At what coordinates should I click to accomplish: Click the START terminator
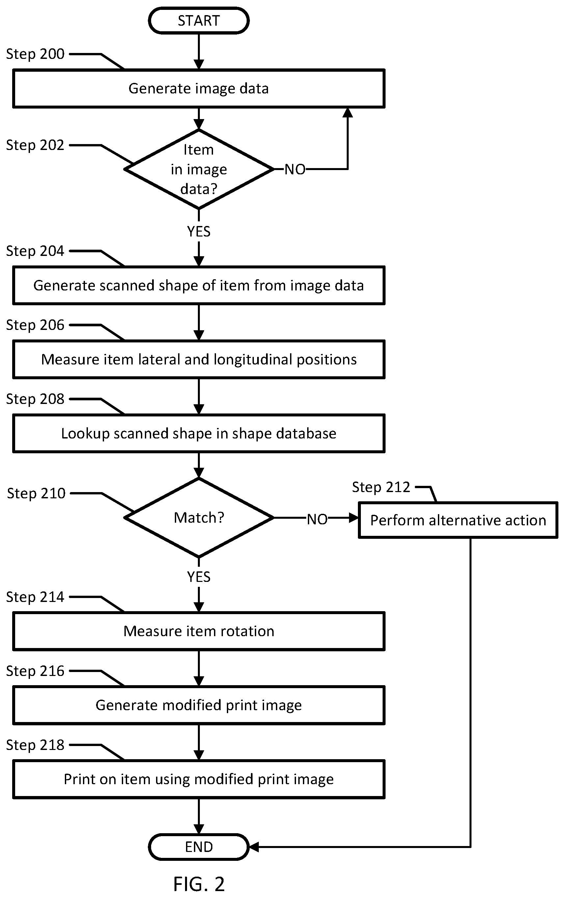[x=199, y=20]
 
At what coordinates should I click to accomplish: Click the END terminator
[x=199, y=847]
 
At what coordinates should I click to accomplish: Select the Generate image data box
[x=199, y=89]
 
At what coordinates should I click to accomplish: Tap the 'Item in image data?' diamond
[x=199, y=169]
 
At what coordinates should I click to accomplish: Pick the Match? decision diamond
[x=199, y=518]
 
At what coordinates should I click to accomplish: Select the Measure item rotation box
[x=199, y=631]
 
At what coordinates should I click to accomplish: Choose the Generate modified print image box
[x=199, y=705]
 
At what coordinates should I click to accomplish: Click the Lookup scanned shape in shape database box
[x=199, y=433]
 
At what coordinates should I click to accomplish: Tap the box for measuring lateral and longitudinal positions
[x=199, y=360]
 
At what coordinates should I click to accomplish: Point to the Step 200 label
[x=35, y=54]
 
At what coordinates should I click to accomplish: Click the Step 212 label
[x=381, y=487]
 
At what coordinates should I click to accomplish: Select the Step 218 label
[x=35, y=745]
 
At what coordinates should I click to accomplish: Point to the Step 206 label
[x=35, y=325]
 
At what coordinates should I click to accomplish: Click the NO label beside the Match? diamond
[x=317, y=519]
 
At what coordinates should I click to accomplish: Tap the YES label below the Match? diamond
[x=199, y=577]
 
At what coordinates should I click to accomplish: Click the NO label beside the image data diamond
[x=295, y=169]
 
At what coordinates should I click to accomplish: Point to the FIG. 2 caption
[x=199, y=884]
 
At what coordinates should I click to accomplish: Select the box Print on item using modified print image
[x=199, y=779]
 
